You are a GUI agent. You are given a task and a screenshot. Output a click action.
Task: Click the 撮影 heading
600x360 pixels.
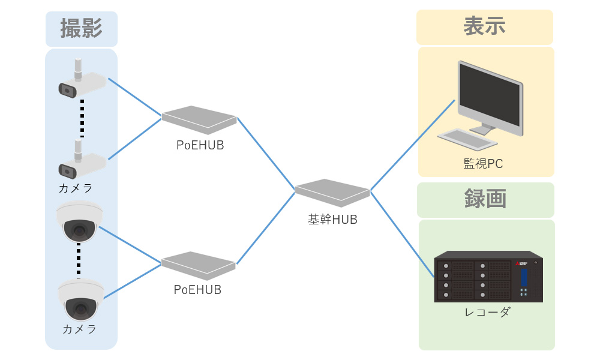(81, 28)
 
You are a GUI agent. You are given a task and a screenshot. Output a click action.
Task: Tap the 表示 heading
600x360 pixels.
(484, 26)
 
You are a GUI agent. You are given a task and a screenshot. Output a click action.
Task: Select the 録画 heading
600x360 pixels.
(485, 199)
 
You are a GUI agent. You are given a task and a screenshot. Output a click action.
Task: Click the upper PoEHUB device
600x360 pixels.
(199, 119)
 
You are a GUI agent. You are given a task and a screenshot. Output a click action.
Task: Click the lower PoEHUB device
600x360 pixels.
(198, 265)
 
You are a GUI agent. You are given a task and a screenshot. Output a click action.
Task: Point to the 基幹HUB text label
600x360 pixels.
(332, 220)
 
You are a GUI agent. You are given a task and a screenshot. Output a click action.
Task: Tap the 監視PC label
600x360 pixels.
(483, 163)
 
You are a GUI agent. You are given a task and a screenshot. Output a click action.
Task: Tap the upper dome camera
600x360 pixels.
(79, 221)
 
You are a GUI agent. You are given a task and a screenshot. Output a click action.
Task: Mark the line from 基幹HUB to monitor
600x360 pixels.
(412, 145)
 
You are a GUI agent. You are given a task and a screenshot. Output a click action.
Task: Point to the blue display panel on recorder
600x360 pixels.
(524, 277)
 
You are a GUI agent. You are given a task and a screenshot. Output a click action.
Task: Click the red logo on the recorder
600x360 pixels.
(517, 263)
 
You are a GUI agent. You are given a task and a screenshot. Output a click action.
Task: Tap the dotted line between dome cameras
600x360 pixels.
(79, 260)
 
